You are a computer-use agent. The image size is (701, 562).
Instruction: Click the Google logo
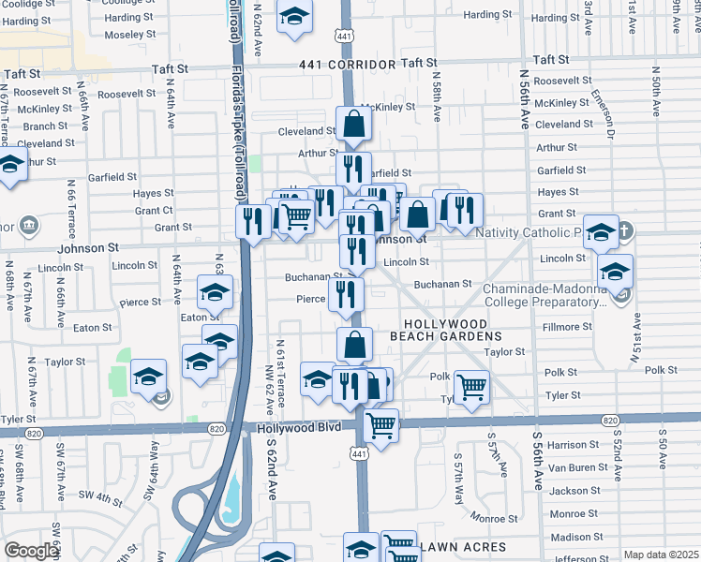(x=31, y=551)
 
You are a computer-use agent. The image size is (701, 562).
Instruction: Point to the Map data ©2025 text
(x=661, y=555)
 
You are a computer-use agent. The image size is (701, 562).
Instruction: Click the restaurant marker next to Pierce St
(x=346, y=294)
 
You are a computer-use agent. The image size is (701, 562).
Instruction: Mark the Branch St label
(x=46, y=126)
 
